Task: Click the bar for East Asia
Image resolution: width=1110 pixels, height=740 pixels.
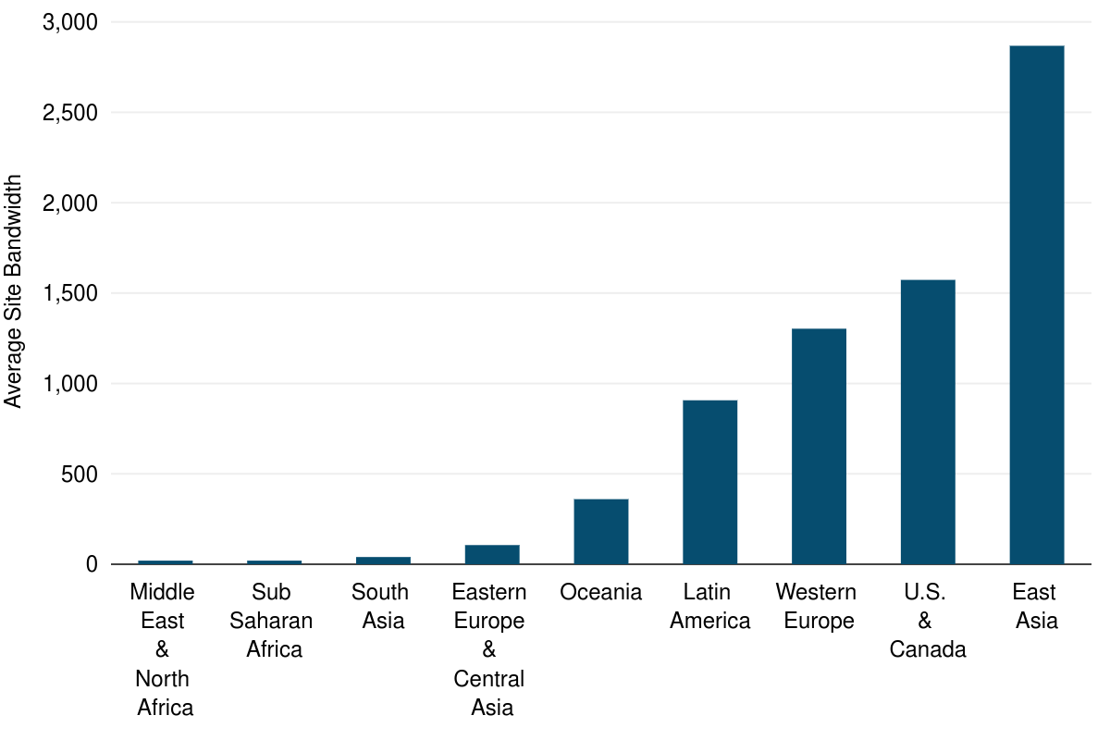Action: [x=1036, y=305]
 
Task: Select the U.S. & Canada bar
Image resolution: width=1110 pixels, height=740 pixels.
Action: [x=928, y=422]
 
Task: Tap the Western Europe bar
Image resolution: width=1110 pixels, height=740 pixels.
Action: [x=819, y=447]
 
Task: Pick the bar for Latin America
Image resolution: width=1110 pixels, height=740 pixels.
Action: [x=709, y=482]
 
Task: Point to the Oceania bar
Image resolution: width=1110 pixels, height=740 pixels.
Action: [x=601, y=532]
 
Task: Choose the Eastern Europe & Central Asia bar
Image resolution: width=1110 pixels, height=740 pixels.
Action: [x=492, y=554]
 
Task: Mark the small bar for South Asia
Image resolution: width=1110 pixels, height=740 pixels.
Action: [x=383, y=560]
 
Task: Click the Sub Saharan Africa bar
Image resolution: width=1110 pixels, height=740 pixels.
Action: [x=275, y=561]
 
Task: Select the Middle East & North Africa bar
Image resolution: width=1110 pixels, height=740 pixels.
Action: [x=166, y=561]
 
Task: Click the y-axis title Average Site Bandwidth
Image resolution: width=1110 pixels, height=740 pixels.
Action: [x=13, y=291]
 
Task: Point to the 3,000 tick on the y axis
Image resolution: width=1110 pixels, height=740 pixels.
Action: [x=70, y=23]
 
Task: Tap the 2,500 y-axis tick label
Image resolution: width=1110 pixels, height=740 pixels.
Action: [x=70, y=113]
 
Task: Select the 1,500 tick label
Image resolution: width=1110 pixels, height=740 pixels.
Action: [x=70, y=293]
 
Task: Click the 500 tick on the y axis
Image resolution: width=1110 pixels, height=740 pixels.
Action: [x=79, y=475]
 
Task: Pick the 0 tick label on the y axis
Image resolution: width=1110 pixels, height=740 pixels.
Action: [x=91, y=564]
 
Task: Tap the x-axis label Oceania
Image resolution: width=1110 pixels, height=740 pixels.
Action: [x=601, y=592]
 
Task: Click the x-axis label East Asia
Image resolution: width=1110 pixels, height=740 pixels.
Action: [x=1036, y=606]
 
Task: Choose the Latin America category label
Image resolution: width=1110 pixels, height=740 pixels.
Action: [x=709, y=606]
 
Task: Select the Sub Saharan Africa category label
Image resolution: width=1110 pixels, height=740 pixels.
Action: [x=273, y=620]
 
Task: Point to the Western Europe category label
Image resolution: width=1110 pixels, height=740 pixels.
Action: [x=817, y=606]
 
